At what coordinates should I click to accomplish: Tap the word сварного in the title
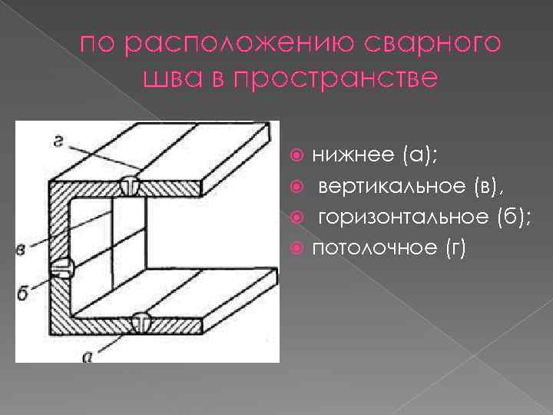435,46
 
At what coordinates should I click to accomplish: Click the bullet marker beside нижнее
300,157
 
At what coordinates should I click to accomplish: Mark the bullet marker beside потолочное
300,249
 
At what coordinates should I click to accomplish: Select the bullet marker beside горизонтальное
300,218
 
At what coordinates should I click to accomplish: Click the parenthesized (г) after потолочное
454,248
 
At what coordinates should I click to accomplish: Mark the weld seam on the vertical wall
61,268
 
